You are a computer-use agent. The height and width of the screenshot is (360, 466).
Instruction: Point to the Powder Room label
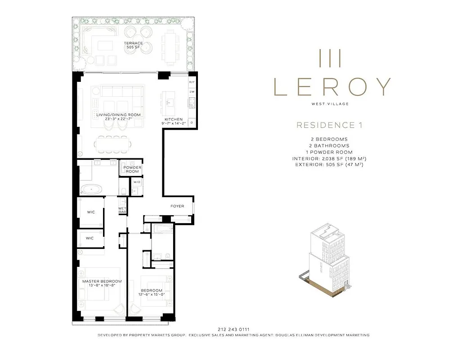pos(132,169)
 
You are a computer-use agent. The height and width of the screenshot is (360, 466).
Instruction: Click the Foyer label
pos(177,206)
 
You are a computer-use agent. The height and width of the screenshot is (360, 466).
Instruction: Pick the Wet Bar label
pos(122,210)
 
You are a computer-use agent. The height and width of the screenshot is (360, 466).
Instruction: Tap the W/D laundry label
pos(136,182)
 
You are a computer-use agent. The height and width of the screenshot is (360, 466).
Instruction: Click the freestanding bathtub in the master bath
pos(91,189)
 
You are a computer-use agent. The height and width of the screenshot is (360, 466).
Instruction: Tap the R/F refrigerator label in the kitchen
pos(191,82)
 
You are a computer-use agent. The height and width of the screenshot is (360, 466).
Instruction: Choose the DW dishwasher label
pos(191,92)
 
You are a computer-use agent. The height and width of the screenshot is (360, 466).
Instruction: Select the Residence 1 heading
pos(329,125)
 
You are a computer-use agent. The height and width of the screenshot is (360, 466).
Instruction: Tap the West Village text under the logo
pos(330,104)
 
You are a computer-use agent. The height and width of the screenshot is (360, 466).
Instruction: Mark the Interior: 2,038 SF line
pos(329,158)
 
